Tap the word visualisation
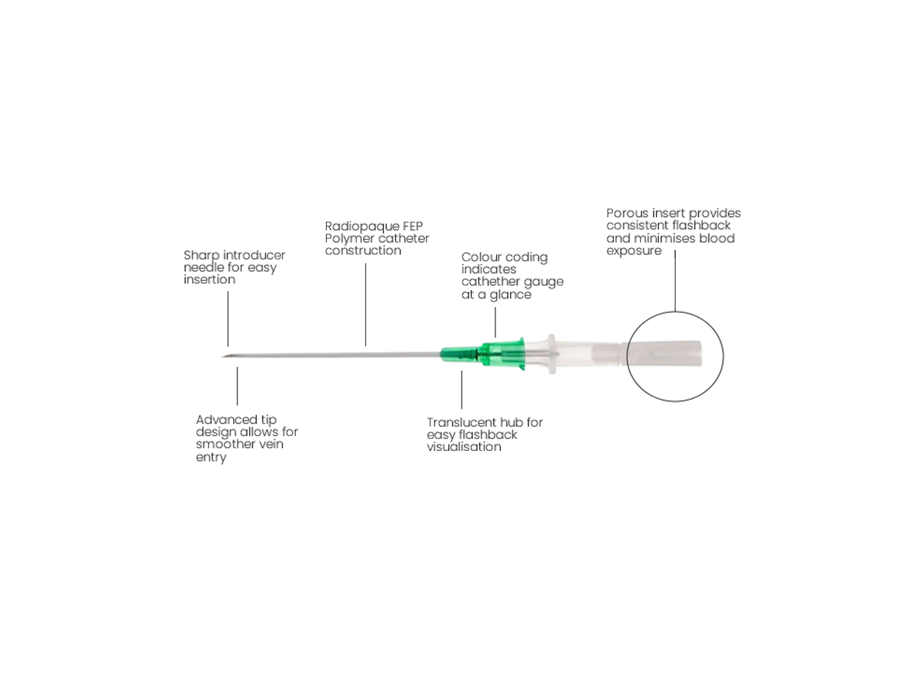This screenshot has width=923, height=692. point(464,447)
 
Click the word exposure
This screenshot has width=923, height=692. point(634,251)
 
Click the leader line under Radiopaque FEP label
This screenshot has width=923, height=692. point(366,304)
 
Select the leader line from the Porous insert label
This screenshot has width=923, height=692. point(676,283)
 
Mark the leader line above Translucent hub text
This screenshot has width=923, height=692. point(461,391)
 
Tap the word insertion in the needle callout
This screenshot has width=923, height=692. point(210,280)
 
